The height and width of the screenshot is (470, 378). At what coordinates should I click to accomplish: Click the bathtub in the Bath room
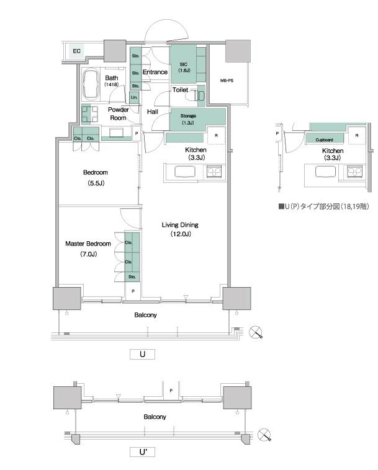(91, 84)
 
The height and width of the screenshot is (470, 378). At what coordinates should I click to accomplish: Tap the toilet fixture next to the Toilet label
(196, 95)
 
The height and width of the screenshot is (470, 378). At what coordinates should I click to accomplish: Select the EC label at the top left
(77, 51)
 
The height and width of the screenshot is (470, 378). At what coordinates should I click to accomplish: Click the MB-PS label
(227, 81)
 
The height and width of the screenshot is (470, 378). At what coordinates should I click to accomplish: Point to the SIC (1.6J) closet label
(184, 68)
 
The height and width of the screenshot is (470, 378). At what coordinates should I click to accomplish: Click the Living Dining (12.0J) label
(180, 229)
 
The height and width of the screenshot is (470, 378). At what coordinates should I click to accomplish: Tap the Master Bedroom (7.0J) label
(88, 249)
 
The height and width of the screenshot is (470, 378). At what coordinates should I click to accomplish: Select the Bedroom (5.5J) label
(96, 178)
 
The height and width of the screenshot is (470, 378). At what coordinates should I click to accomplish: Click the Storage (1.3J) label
(188, 119)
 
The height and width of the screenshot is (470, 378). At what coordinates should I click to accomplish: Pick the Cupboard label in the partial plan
(324, 140)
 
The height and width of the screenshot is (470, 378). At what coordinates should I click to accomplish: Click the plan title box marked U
(143, 354)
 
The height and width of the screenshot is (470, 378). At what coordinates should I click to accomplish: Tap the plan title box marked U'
(143, 452)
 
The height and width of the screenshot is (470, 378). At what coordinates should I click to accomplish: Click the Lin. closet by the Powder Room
(134, 97)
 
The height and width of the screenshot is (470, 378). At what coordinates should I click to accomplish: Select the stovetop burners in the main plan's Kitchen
(214, 172)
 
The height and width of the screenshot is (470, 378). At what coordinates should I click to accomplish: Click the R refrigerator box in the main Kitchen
(216, 136)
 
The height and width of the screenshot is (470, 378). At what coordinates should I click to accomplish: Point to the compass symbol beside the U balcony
(256, 332)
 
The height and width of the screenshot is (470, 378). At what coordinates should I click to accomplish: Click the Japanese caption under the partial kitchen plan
(324, 206)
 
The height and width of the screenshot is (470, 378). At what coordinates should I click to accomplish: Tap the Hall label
(153, 112)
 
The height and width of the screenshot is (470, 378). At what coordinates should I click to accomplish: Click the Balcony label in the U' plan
(155, 417)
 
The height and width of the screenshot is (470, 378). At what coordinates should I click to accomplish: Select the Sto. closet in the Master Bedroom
(132, 277)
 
